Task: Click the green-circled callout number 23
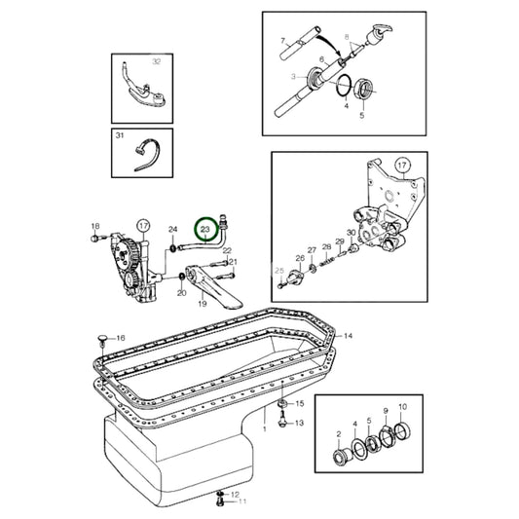tap(205, 230)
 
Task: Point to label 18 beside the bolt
tap(94, 227)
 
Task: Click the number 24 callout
tap(172, 230)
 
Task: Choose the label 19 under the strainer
tap(203, 303)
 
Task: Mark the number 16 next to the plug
tap(122, 338)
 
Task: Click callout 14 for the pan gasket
tap(348, 335)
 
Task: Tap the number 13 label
tap(300, 423)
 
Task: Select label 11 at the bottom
tap(243, 501)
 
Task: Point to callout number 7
tap(283, 41)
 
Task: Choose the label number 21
tap(232, 263)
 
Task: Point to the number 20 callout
tap(181, 292)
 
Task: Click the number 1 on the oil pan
tap(265, 428)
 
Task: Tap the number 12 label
tap(235, 494)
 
